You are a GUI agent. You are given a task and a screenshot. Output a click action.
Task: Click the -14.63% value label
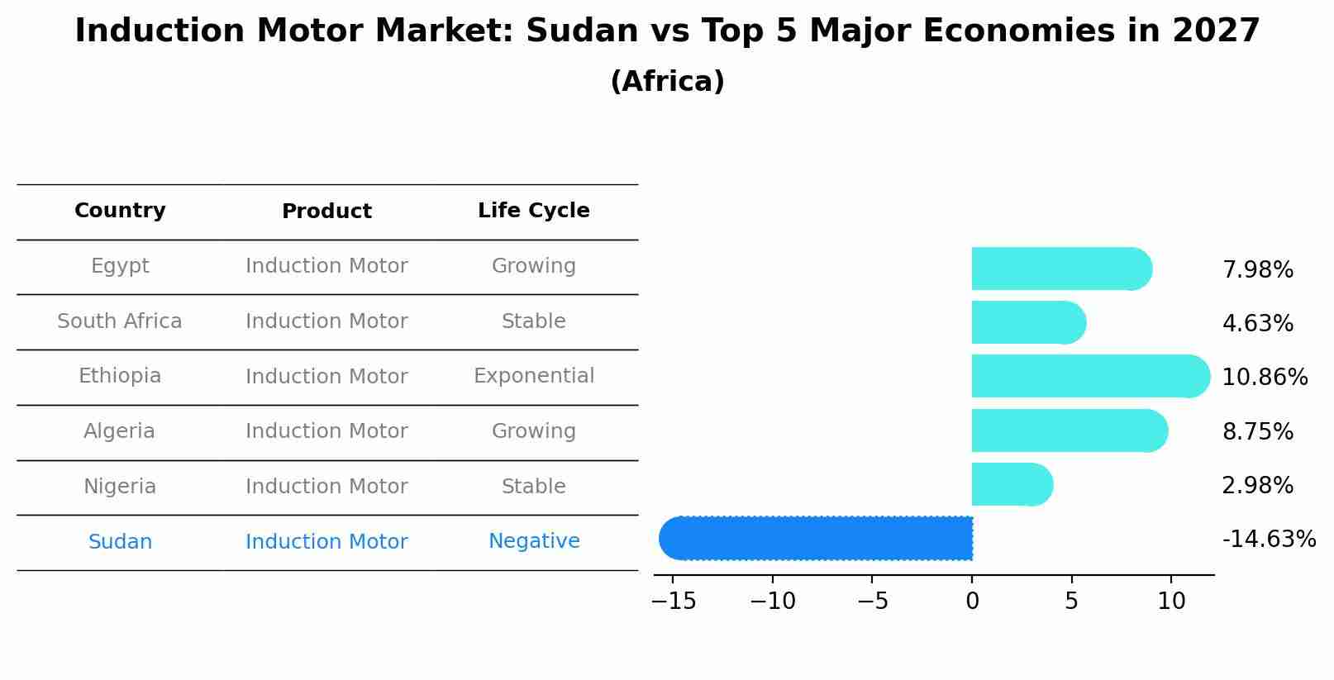1268,540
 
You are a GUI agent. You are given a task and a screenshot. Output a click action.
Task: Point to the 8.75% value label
1257,432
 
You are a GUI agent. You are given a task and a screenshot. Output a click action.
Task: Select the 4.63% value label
1257,324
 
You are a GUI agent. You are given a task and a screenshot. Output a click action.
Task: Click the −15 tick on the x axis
674,602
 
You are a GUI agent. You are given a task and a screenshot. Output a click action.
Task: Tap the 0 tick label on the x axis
972,602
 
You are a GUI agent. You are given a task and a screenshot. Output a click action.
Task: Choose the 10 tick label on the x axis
1171,602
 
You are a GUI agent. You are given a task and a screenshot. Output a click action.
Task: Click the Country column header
120,211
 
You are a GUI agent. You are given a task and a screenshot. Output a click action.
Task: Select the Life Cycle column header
533,211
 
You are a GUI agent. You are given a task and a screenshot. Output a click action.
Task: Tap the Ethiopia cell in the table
120,376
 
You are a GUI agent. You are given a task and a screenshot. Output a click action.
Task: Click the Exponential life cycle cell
533,376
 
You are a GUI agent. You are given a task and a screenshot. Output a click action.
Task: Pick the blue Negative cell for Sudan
533,541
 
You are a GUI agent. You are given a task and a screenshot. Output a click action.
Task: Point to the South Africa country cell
120,321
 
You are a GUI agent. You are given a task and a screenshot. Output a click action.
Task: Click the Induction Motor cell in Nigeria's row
326,487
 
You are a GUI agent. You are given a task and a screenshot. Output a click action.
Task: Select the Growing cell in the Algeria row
533,431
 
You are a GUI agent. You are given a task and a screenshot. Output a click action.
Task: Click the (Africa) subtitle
667,82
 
